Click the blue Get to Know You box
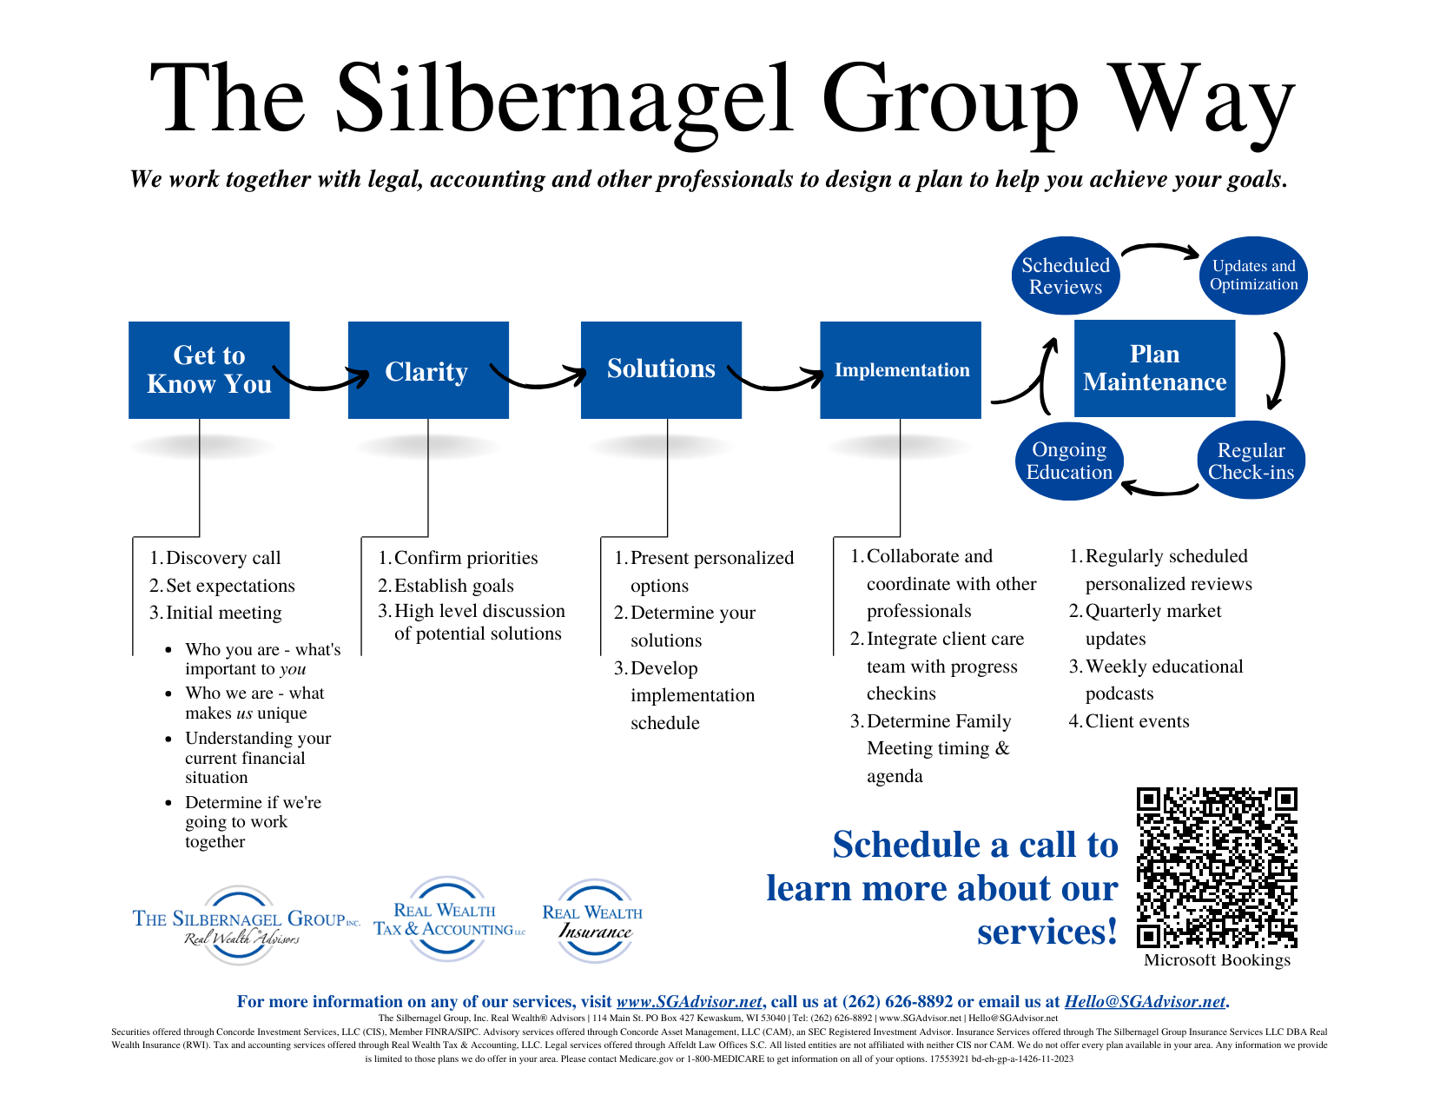208,370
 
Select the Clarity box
427,370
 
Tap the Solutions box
660,369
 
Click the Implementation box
901,370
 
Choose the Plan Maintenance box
1154,368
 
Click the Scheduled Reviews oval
1066,276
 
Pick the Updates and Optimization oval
1253,275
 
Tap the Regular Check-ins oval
1251,461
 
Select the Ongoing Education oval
1069,461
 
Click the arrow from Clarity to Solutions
538,379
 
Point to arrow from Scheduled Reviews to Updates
1159,250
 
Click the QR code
1217,867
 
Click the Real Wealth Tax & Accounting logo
448,920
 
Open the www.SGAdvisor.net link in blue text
689,1002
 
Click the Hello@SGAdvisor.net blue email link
1145,1002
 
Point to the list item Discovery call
223,558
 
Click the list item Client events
1137,721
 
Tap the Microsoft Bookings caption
1217,960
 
